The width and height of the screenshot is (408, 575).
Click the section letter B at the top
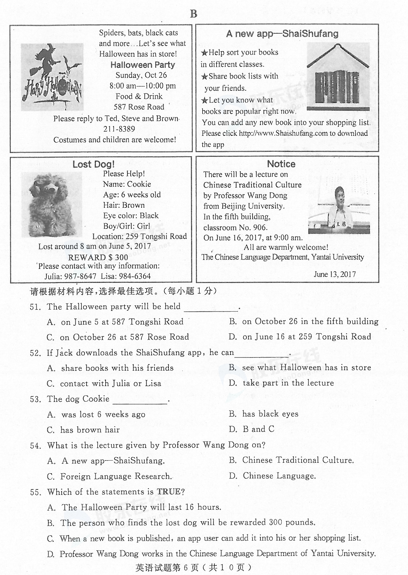coord(194,14)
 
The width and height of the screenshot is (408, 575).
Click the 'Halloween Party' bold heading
coord(142,65)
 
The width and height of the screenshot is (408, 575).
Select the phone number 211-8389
coord(119,129)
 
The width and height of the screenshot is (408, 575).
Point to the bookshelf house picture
coord(338,77)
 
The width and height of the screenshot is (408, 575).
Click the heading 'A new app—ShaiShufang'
coord(282,34)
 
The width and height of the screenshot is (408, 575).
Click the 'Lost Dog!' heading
coord(93,164)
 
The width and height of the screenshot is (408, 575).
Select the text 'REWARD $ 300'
coord(98,257)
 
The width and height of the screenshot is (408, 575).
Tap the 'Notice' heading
coord(281,164)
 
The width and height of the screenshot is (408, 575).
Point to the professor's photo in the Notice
coord(339,210)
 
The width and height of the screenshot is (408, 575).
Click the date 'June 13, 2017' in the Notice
coord(335,274)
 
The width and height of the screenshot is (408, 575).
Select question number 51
coord(35,307)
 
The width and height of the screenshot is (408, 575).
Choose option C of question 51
coord(118,337)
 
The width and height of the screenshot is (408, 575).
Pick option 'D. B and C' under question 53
coord(252,429)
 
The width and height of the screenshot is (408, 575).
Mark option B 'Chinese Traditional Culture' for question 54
coord(291,460)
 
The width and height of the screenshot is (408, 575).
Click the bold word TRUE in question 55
coord(169,492)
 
